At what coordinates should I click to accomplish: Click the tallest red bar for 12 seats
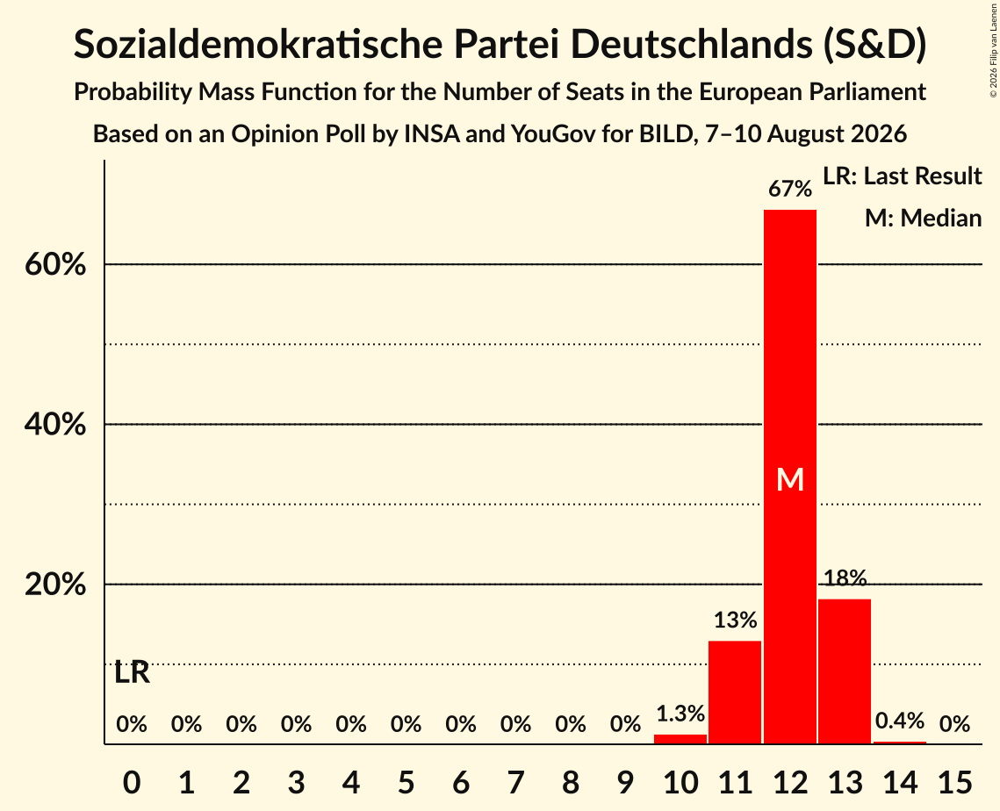pyautogui.click(x=790, y=477)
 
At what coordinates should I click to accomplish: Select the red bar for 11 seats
pyautogui.click(x=735, y=693)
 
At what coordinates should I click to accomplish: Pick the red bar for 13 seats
pyautogui.click(x=845, y=671)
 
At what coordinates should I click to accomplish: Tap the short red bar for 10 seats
pyautogui.click(x=680, y=739)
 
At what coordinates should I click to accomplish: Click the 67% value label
pyautogui.click(x=790, y=189)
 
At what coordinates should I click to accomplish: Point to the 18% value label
pyautogui.click(x=845, y=578)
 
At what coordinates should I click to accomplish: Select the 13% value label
pyautogui.click(x=736, y=620)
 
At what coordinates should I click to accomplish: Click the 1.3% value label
pyautogui.click(x=680, y=714)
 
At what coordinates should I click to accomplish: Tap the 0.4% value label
pyautogui.click(x=900, y=721)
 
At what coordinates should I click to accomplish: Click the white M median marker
pyautogui.click(x=790, y=479)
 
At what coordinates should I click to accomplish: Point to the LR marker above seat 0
pyautogui.click(x=132, y=672)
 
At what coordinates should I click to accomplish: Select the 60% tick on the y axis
pyautogui.click(x=55, y=264)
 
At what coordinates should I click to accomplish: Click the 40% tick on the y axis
pyautogui.click(x=55, y=424)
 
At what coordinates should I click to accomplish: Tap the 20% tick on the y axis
pyautogui.click(x=55, y=584)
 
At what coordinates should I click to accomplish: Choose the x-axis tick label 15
pyautogui.click(x=954, y=782)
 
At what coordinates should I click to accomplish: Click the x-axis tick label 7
pyautogui.click(x=516, y=782)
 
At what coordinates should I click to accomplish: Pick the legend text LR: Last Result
pyautogui.click(x=903, y=176)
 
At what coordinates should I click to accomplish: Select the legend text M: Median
pyautogui.click(x=924, y=218)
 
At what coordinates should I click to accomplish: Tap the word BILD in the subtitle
pyautogui.click(x=665, y=134)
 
